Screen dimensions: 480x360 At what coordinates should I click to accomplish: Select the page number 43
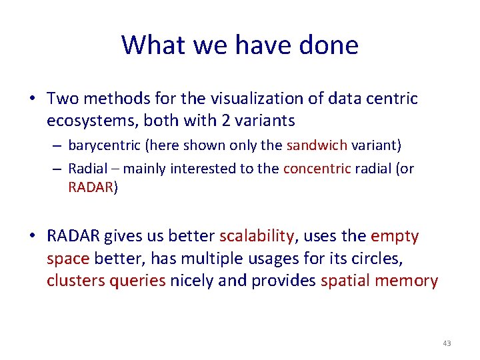click(446, 343)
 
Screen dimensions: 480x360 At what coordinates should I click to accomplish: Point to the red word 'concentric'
click(317, 169)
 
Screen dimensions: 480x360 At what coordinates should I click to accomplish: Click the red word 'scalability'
click(257, 236)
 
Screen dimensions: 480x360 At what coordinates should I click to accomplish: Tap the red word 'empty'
click(395, 236)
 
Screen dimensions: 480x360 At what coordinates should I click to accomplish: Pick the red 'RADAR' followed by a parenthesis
click(90, 187)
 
